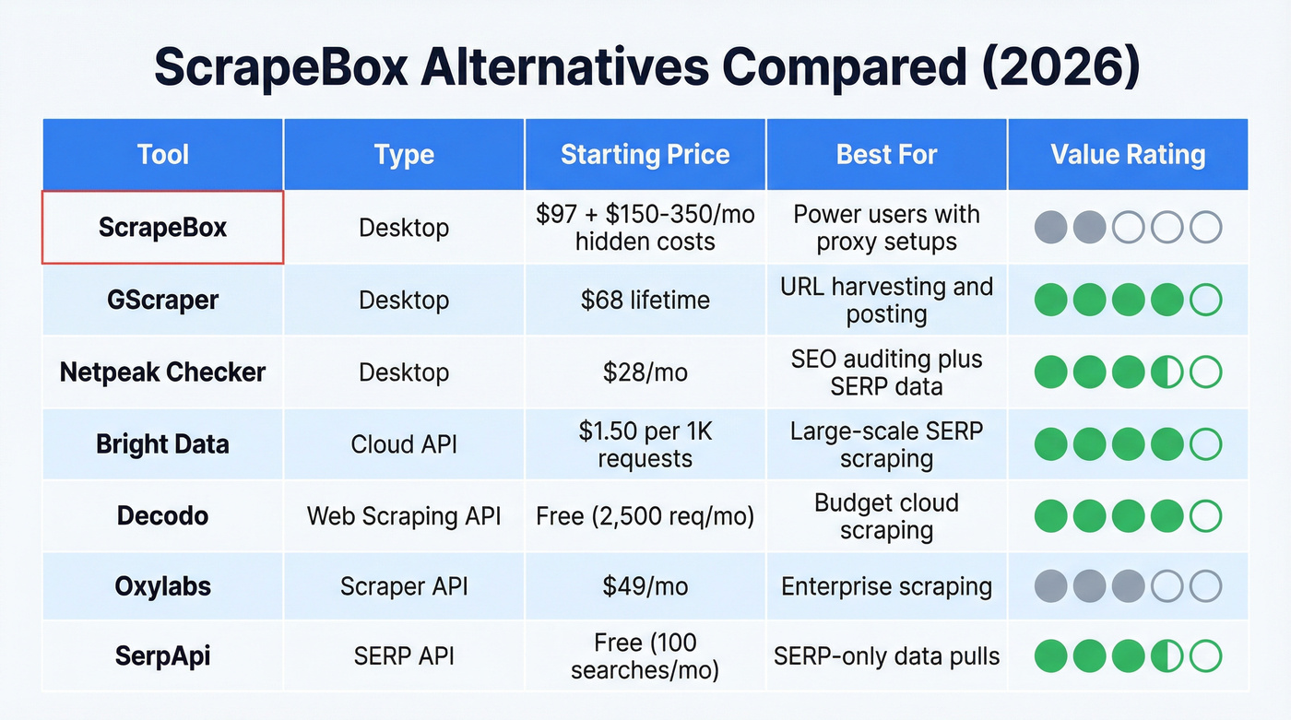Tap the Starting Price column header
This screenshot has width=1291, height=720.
click(x=645, y=154)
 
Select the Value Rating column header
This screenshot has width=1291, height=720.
click(x=1128, y=154)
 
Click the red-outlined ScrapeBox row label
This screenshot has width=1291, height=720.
click(x=162, y=228)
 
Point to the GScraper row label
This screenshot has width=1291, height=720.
click(x=162, y=300)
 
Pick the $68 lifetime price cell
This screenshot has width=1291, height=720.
click(x=645, y=300)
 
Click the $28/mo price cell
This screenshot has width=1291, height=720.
click(x=645, y=372)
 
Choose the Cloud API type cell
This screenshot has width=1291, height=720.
click(x=404, y=444)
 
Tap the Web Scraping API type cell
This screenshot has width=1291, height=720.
click(x=404, y=515)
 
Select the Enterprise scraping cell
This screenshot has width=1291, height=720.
click(x=886, y=586)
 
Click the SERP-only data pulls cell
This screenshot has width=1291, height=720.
click(x=886, y=656)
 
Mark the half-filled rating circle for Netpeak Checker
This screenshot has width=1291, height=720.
click(x=1167, y=372)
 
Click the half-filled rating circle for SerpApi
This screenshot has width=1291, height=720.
click(x=1167, y=656)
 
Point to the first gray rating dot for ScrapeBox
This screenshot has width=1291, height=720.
click(x=1050, y=227)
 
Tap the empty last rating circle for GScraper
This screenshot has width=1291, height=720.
click(x=1205, y=300)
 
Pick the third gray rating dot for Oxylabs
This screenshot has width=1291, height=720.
click(x=1128, y=586)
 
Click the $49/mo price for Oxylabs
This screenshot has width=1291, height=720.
click(x=645, y=586)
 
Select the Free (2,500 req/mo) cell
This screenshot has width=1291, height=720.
click(x=645, y=515)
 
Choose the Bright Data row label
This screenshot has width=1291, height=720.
click(x=162, y=444)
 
